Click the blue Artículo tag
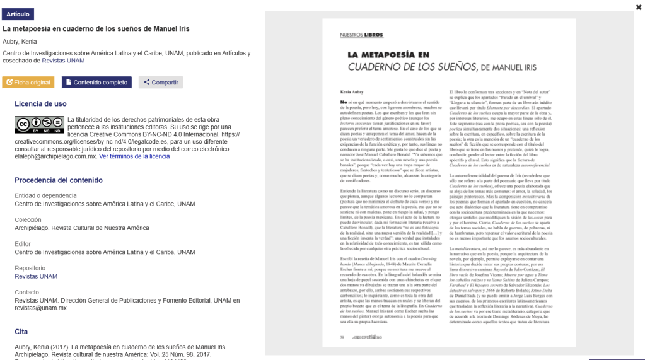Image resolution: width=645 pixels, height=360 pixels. tap(18, 14)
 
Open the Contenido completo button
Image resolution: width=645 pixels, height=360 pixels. tap(96, 83)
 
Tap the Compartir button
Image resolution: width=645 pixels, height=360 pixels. tap(161, 83)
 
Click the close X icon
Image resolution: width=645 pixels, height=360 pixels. tap(639, 7)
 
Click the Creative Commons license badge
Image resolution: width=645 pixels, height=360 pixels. tap(39, 125)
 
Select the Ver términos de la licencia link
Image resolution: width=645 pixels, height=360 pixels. tap(134, 156)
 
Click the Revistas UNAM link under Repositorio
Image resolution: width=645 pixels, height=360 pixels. tap(36, 276)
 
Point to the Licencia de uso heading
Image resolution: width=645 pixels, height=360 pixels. tap(40, 104)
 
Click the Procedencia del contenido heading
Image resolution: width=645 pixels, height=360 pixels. tap(59, 180)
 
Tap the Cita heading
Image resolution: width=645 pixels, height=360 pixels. tap(21, 332)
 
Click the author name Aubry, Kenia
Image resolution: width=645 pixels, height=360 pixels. tap(20, 41)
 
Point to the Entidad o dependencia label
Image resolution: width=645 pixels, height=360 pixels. tap(45, 195)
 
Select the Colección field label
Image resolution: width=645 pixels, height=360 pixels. tap(28, 220)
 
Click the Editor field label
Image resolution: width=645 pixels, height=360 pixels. tap(23, 244)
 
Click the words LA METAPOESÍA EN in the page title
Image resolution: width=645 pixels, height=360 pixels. tap(388, 55)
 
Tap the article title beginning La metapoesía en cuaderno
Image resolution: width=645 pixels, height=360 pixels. tap(96, 28)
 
